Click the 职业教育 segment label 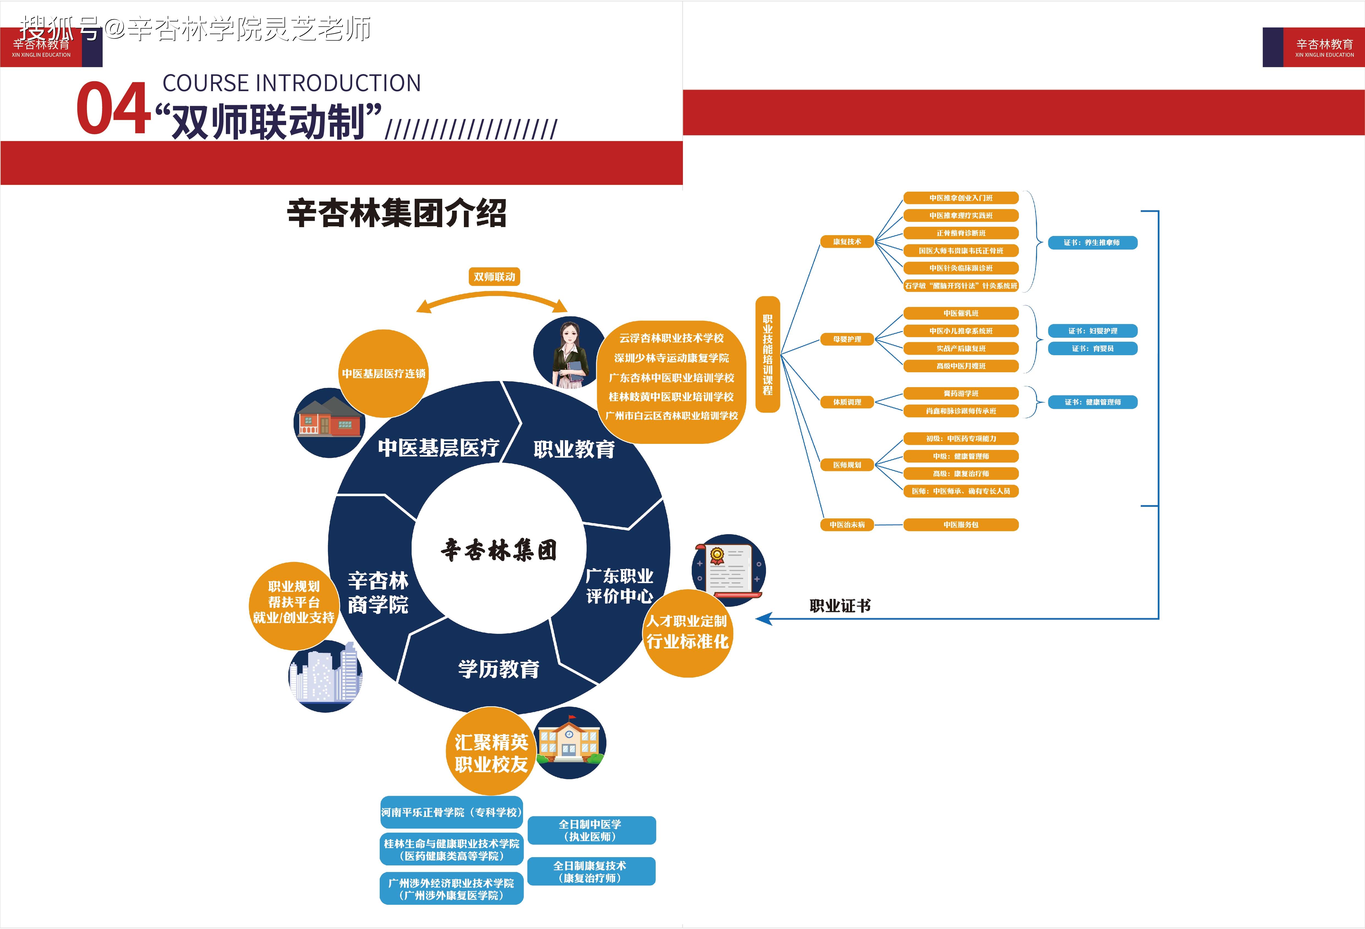click(x=574, y=450)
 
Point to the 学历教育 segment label click(x=499, y=669)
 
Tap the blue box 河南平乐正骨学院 click(x=451, y=812)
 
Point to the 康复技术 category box click(x=847, y=241)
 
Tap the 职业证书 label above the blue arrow click(x=840, y=606)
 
